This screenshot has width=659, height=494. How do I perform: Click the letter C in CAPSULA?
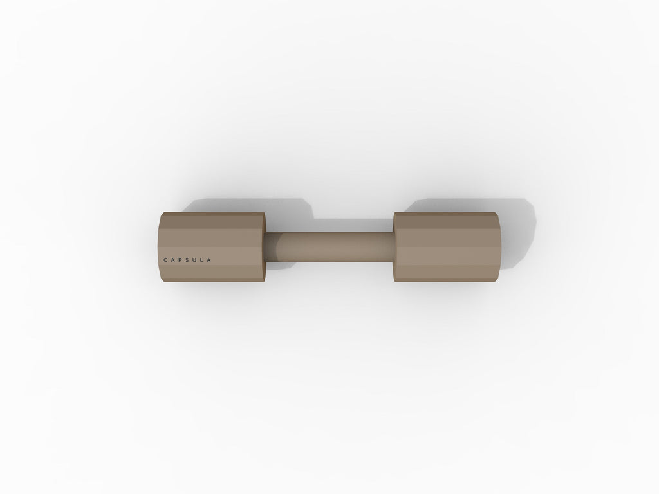click(x=165, y=260)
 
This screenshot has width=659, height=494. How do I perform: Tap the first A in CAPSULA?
click(x=173, y=260)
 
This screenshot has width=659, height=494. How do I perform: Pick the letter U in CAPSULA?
click(x=194, y=260)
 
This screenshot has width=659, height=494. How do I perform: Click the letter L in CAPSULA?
click(x=201, y=260)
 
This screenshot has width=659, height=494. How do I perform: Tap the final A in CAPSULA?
click(x=209, y=260)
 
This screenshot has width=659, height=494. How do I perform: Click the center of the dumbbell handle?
click(x=329, y=246)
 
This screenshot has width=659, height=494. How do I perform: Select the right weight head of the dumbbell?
click(x=447, y=246)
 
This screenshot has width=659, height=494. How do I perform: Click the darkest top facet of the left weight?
click(x=212, y=221)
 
